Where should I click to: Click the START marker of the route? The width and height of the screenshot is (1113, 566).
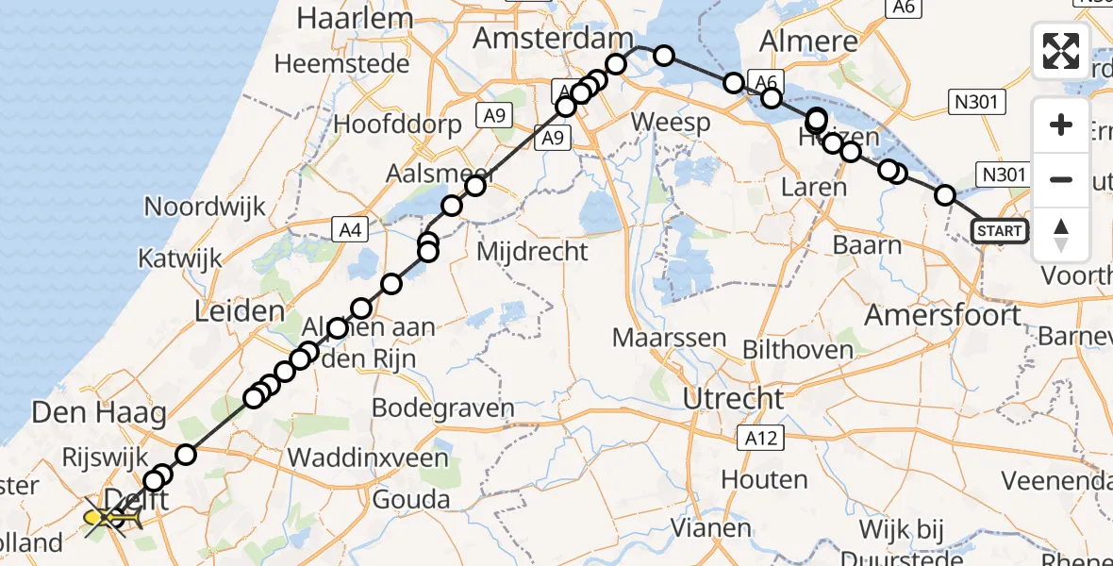999,231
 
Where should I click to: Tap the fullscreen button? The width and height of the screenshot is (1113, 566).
1061,51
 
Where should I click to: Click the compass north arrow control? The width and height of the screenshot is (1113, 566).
1061,234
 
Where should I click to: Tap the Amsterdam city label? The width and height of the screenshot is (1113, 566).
554,39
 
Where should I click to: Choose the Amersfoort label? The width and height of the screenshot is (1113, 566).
942,314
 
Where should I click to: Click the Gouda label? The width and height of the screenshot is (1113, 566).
411,500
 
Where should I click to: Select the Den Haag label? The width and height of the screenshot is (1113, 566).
87,412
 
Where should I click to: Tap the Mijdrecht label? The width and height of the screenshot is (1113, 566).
533,252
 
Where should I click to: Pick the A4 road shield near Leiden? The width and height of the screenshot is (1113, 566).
351,227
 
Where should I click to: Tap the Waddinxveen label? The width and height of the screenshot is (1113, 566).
368,458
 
